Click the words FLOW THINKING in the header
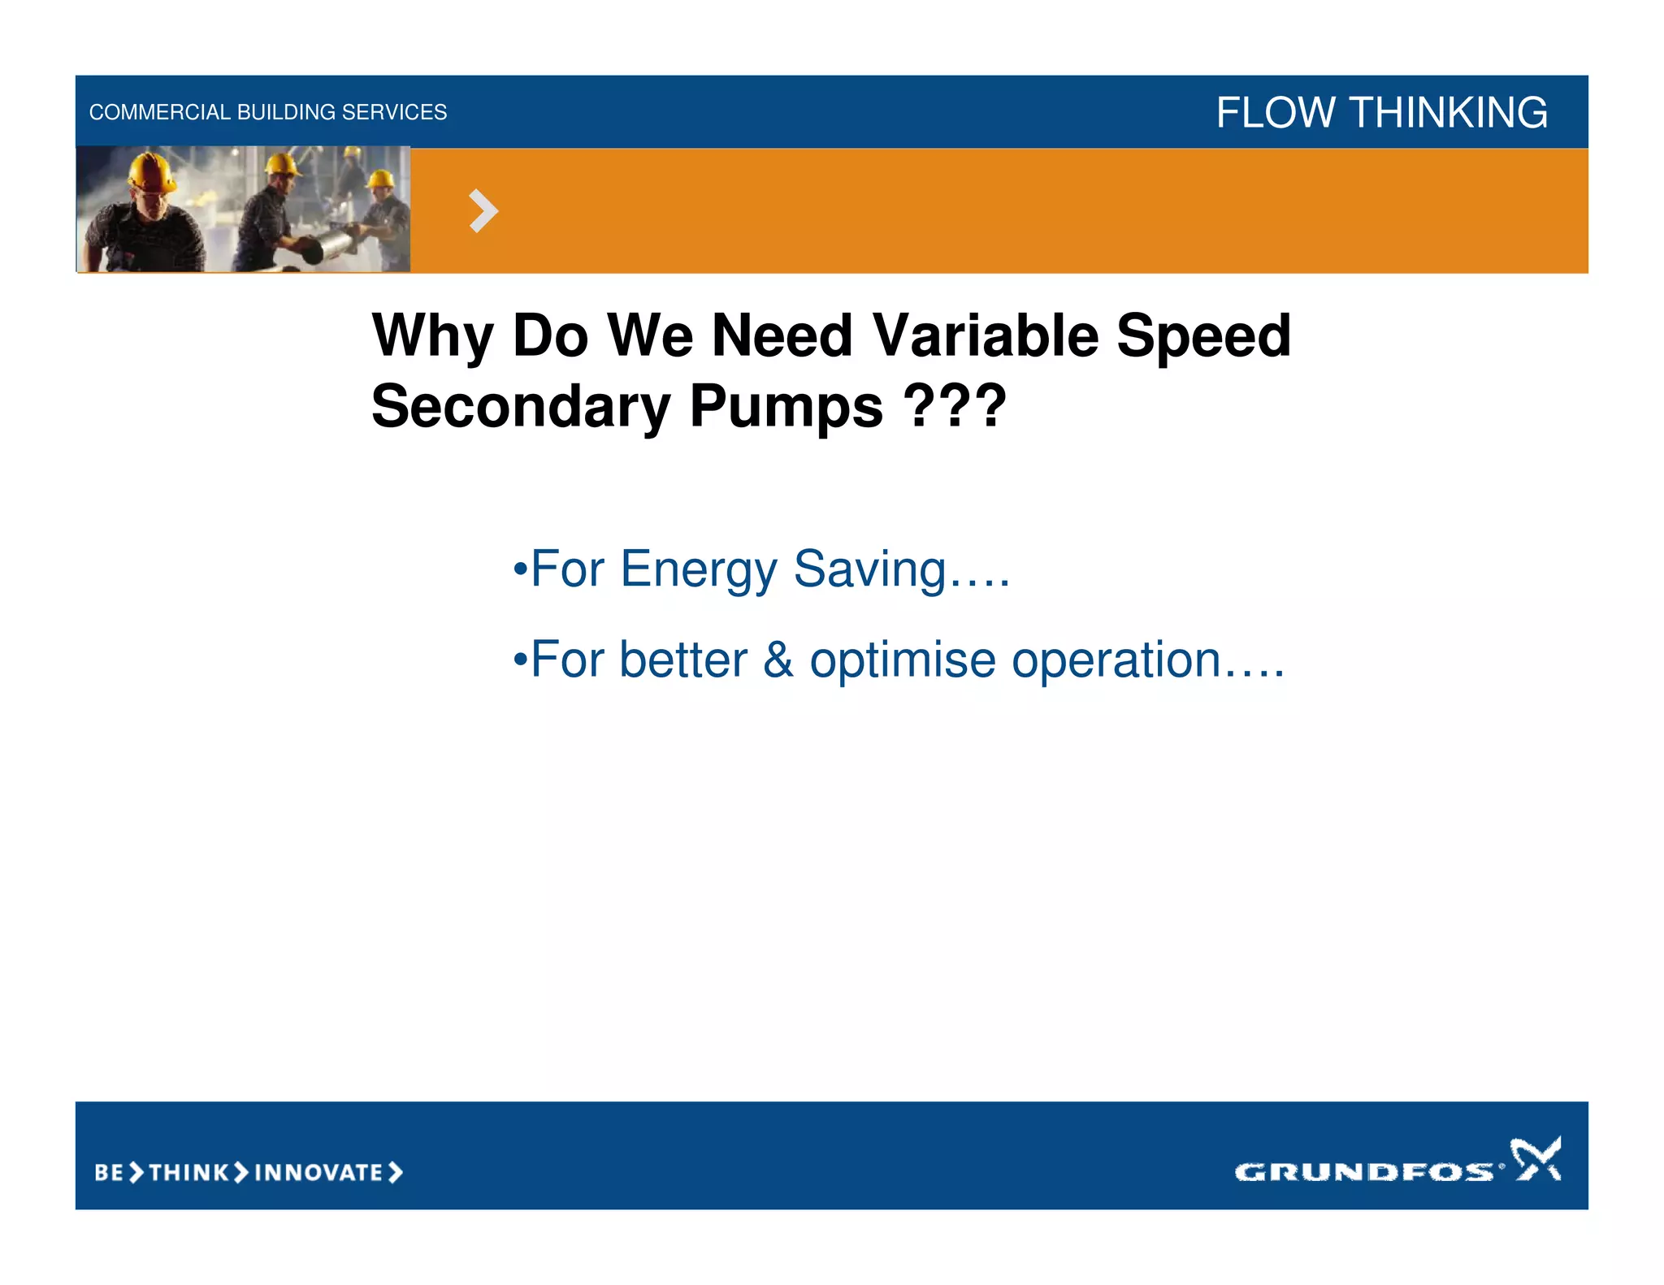[1381, 112]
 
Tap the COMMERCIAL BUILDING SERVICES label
[267, 112]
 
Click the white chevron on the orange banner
[483, 211]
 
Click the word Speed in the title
[1202, 336]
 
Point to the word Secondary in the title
[521, 406]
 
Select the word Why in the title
[433, 336]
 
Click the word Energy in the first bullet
[698, 570]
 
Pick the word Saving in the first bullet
[869, 570]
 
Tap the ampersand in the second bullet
[778, 660]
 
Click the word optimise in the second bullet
[902, 661]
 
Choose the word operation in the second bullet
[1116, 661]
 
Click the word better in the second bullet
[682, 660]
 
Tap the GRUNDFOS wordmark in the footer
[1363, 1171]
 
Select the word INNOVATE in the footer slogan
[318, 1172]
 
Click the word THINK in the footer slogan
[189, 1172]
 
